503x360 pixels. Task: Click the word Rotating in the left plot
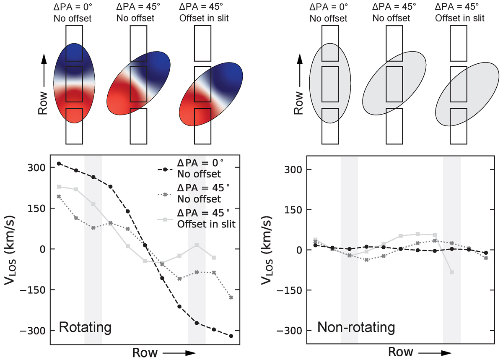(x=86, y=327)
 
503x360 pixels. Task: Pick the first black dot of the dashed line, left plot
(x=59, y=163)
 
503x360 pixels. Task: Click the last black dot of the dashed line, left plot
(x=231, y=336)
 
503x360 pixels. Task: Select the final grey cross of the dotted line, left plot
(x=231, y=297)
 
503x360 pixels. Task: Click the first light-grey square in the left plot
(x=59, y=187)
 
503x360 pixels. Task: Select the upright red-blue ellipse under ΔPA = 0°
(x=75, y=83)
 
